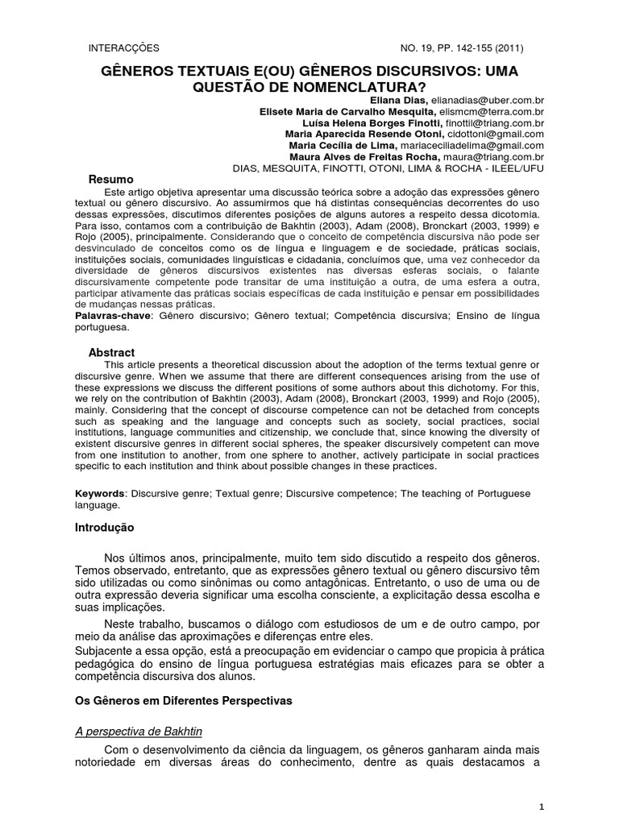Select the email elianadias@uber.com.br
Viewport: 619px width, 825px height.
click(x=497, y=99)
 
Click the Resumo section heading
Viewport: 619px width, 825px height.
click(x=110, y=178)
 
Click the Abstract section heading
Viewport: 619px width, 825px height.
click(x=111, y=352)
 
